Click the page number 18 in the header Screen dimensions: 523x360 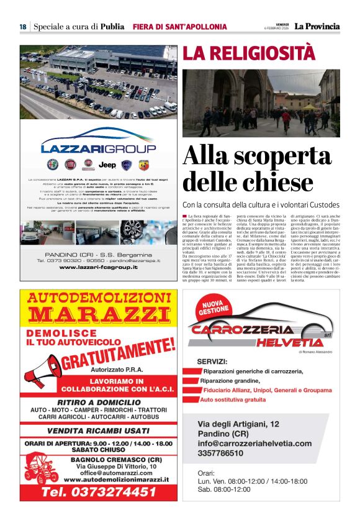pos(22,27)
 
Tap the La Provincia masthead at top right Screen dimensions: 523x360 pos(317,26)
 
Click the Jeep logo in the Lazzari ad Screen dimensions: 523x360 pos(107,165)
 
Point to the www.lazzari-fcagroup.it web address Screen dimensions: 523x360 pos(98,267)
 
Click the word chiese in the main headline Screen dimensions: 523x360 pos(270,182)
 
